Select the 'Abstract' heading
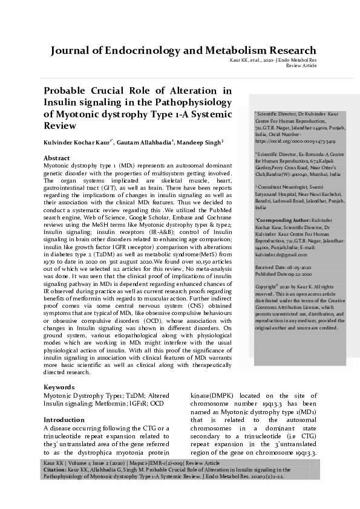(x=57, y=157)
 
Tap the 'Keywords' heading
(x=59, y=386)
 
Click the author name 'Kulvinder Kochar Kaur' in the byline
(x=78, y=142)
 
